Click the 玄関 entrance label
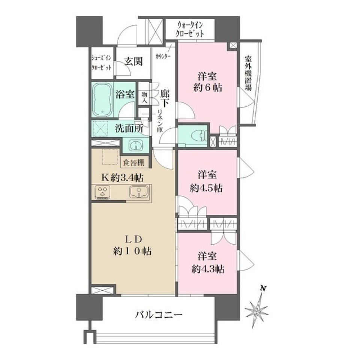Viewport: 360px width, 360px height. click(x=133, y=61)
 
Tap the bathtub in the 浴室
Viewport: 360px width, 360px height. click(x=103, y=100)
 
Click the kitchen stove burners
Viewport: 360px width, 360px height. click(x=103, y=192)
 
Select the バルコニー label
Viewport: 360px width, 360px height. click(x=159, y=314)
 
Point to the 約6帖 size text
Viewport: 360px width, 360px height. click(x=207, y=88)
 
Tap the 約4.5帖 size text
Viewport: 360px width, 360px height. click(x=206, y=188)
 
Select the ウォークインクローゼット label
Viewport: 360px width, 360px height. click(x=190, y=29)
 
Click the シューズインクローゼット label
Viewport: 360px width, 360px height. click(x=102, y=63)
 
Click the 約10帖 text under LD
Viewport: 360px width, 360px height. click(x=132, y=251)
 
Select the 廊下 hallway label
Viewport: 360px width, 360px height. click(x=164, y=98)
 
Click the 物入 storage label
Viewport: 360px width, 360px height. click(x=144, y=98)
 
